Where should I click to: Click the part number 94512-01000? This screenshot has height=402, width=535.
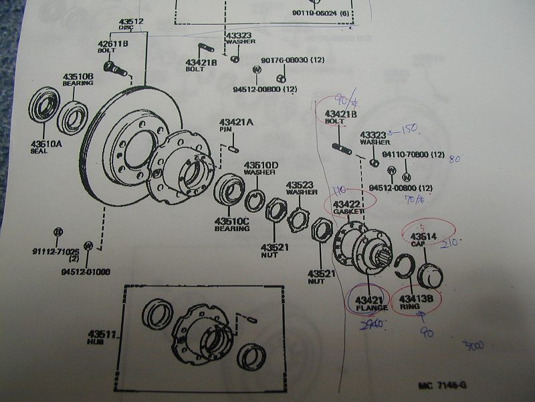(86, 271)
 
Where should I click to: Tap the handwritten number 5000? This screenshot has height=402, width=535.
(473, 345)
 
